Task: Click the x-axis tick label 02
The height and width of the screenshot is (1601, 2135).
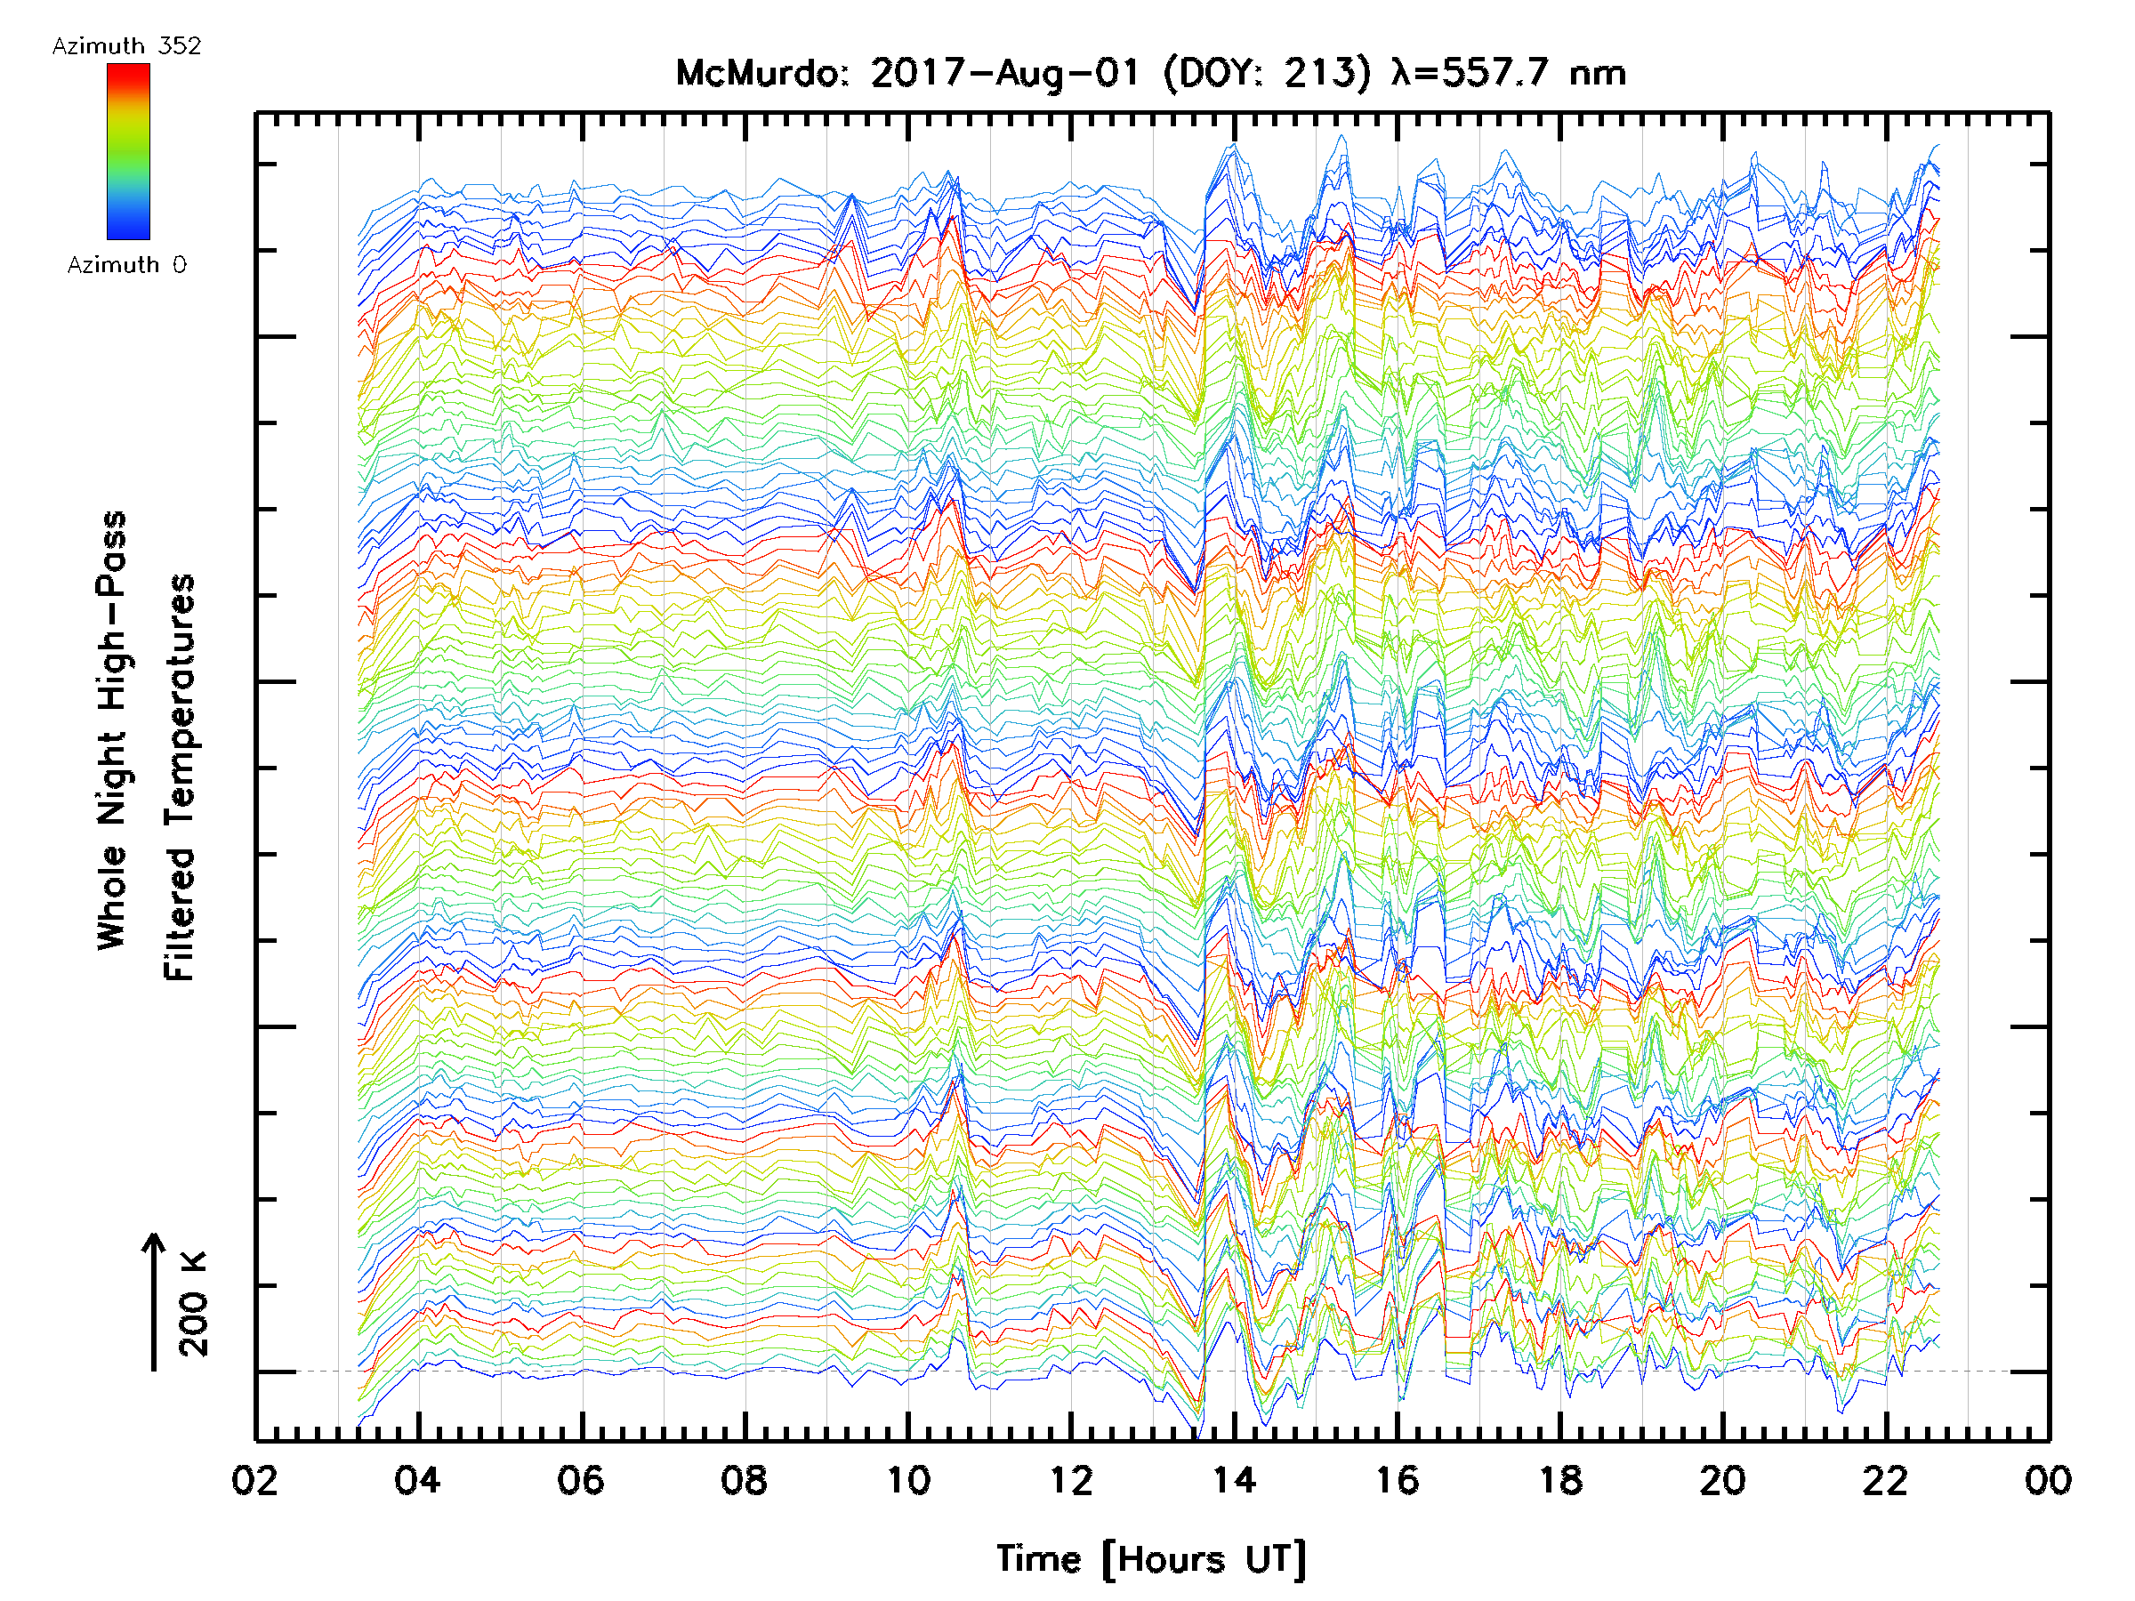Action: click(x=254, y=1480)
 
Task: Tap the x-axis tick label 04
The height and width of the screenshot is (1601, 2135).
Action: click(x=418, y=1480)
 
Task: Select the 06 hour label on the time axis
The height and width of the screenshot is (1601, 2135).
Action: click(x=581, y=1480)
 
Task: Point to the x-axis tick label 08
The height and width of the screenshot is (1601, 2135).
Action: click(x=745, y=1480)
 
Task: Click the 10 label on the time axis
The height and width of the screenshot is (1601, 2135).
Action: click(x=908, y=1480)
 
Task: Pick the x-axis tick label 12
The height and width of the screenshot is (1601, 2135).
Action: click(x=1071, y=1480)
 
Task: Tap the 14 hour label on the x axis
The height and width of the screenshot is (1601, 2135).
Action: click(x=1235, y=1480)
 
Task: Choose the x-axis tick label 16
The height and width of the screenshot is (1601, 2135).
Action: click(x=1398, y=1480)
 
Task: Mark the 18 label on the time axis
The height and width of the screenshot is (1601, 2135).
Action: click(x=1560, y=1480)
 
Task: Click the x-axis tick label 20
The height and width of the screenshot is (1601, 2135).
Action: click(x=1724, y=1480)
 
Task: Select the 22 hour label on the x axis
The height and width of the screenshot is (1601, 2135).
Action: click(x=1887, y=1480)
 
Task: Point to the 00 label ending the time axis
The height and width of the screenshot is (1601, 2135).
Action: click(x=2049, y=1480)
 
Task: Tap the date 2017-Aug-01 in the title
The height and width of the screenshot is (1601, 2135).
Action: click(x=1006, y=73)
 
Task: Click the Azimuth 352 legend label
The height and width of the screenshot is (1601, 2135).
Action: click(x=126, y=46)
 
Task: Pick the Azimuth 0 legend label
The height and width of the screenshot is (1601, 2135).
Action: click(x=126, y=264)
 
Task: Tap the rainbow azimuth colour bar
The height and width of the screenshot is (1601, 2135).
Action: click(x=128, y=151)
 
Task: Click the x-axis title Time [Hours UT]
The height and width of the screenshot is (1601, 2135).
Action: click(x=1150, y=1559)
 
